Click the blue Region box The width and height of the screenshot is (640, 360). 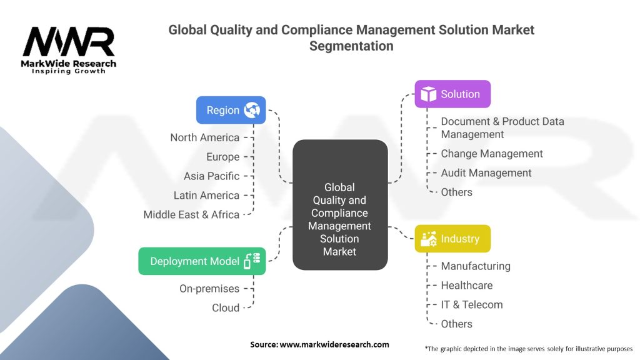click(231, 110)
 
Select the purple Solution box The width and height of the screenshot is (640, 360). click(453, 94)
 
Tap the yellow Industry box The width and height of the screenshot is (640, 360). click(453, 239)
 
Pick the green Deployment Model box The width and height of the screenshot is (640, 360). click(202, 261)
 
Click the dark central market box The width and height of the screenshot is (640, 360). click(340, 206)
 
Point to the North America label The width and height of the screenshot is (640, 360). click(204, 137)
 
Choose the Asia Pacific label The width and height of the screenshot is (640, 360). click(211, 176)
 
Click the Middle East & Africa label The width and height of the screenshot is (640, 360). click(191, 214)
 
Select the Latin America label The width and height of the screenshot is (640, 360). click(206, 195)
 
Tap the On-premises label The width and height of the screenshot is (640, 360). click(209, 289)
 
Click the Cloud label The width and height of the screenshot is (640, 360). click(226, 307)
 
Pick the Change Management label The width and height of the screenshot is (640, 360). click(492, 154)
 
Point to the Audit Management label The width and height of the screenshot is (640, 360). click(486, 173)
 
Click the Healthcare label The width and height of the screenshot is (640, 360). click(466, 286)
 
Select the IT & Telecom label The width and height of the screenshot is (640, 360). click(471, 305)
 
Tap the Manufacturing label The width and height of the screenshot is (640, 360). click(476, 266)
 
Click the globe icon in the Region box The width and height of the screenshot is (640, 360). click(252, 110)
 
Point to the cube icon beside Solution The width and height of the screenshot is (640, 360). click(428, 94)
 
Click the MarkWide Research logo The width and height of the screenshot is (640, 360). click(69, 50)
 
